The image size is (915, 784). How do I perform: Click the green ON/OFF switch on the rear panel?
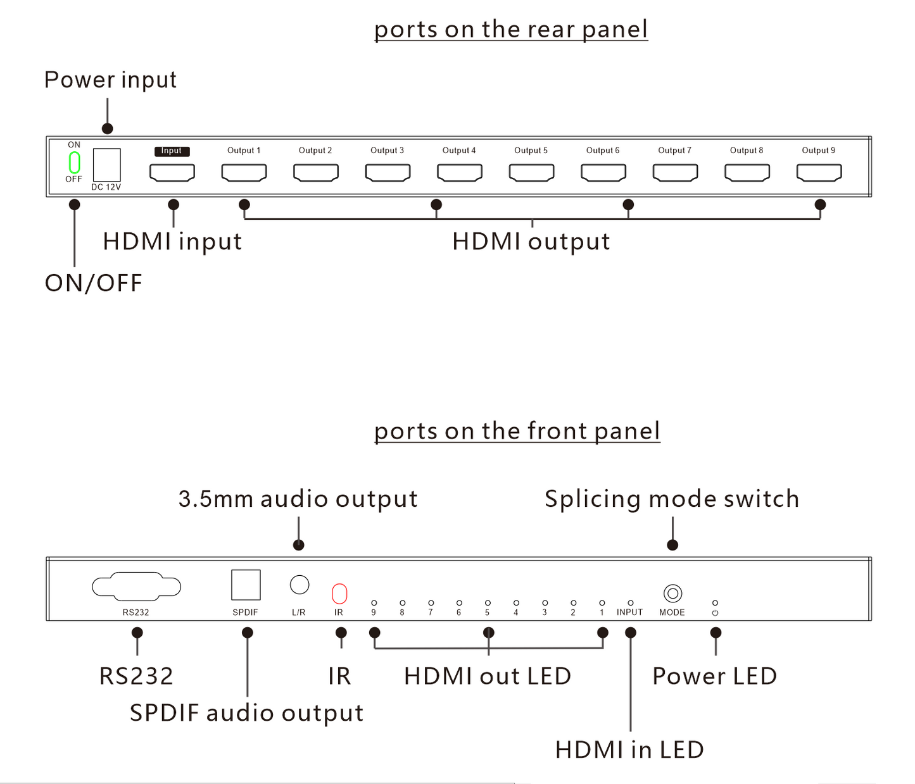click(x=75, y=163)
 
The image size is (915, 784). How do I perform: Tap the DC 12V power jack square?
click(x=106, y=165)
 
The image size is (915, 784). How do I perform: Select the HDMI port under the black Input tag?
click(x=172, y=172)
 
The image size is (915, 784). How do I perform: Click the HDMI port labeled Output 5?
click(x=531, y=172)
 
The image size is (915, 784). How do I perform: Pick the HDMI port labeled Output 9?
click(x=819, y=172)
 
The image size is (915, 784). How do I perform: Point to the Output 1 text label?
click(x=244, y=151)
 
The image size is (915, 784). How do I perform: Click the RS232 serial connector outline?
click(x=136, y=587)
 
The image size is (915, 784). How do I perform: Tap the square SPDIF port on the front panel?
click(x=246, y=585)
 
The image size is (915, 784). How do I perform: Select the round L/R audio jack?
click(x=300, y=585)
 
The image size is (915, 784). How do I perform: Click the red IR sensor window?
click(x=339, y=594)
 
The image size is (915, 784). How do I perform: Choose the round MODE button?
click(x=672, y=594)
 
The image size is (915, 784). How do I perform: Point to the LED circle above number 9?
click(x=374, y=603)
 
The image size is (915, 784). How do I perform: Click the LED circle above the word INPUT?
click(x=631, y=603)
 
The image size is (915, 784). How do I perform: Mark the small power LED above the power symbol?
click(x=716, y=603)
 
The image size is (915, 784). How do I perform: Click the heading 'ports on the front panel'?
click(x=517, y=431)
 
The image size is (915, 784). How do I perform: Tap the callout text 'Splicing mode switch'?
click(x=672, y=499)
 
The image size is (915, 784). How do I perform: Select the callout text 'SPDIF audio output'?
click(x=246, y=713)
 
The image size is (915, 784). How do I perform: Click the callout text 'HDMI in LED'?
click(x=629, y=750)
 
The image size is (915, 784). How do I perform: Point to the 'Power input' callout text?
click(x=110, y=80)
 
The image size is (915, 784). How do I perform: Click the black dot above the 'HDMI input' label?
click(x=174, y=204)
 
